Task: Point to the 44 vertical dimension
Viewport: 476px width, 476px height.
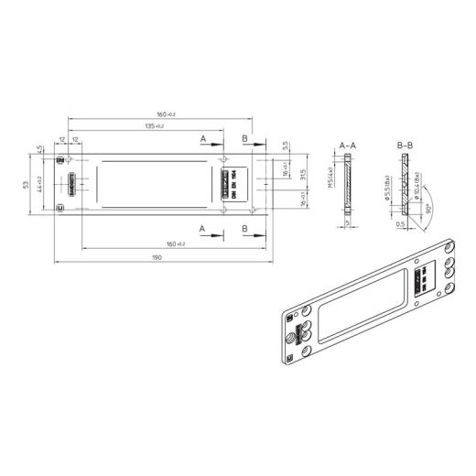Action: pos(41,182)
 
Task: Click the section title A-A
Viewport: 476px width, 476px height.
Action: pos(348,146)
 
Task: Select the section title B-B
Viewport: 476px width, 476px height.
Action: pos(404,146)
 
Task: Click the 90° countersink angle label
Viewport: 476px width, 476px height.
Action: pos(427,209)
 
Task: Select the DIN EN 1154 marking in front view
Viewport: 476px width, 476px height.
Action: pos(234,184)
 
